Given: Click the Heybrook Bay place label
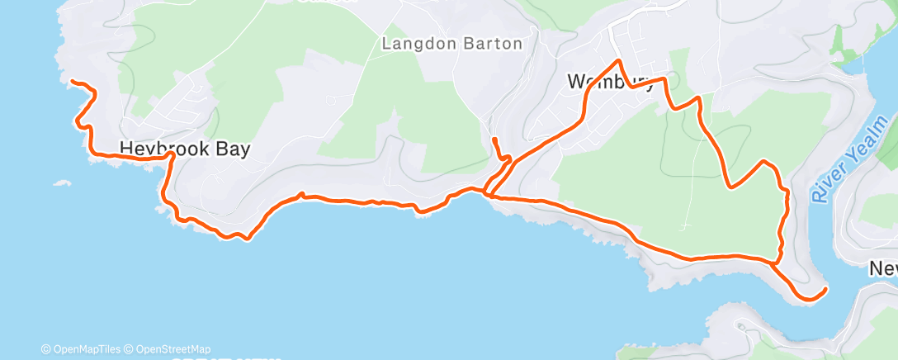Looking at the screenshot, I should click(x=184, y=149).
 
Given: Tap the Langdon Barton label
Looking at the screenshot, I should click(x=451, y=44).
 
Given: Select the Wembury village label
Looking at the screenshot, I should click(x=612, y=82).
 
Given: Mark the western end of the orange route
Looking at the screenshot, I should click(x=72, y=82).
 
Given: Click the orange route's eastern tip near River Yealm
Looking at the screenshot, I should click(x=825, y=289).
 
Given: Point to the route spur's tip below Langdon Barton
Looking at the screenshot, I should click(x=493, y=140).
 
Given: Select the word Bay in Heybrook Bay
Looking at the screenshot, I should click(x=231, y=149).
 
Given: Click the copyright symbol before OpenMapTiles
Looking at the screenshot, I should click(x=46, y=349).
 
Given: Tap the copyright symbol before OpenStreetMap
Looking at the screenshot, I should click(x=130, y=349).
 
